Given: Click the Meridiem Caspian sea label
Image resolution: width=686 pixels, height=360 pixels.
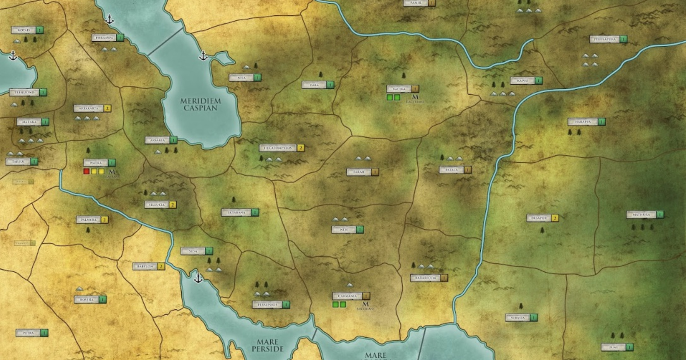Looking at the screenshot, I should (201, 104).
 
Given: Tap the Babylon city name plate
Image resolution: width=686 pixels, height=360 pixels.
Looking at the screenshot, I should (145, 267).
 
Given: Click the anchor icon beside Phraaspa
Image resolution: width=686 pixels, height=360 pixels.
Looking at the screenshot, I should (110, 19).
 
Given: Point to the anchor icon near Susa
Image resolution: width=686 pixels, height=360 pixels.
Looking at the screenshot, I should (198, 278).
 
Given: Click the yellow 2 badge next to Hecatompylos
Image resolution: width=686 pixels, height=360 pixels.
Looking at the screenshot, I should (300, 148).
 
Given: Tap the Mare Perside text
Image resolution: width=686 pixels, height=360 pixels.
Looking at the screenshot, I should (267, 345).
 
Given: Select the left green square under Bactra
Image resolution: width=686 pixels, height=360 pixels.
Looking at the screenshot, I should (390, 98).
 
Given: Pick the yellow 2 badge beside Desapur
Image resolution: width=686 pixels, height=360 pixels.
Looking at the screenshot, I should (555, 218).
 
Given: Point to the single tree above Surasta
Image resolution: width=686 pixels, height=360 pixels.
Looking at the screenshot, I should (521, 306).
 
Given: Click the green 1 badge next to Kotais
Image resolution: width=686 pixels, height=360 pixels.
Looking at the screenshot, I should (40, 30).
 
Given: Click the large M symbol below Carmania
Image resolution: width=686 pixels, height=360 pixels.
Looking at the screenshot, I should (365, 304).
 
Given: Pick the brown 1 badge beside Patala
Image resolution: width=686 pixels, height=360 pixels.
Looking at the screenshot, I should (468, 170).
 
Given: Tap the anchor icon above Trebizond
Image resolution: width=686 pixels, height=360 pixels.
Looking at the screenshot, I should (13, 56).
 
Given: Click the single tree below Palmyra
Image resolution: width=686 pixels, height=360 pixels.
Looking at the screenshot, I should (88, 230).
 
